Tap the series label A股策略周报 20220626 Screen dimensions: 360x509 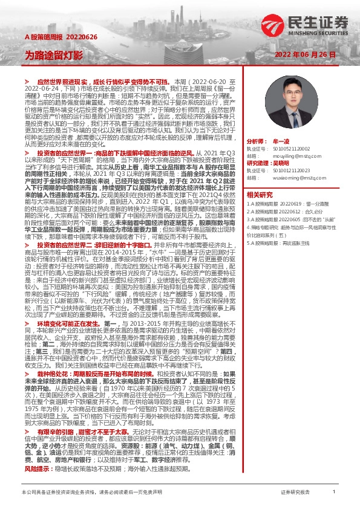[52, 37]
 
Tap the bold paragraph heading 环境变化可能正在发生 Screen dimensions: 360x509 [64, 325]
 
